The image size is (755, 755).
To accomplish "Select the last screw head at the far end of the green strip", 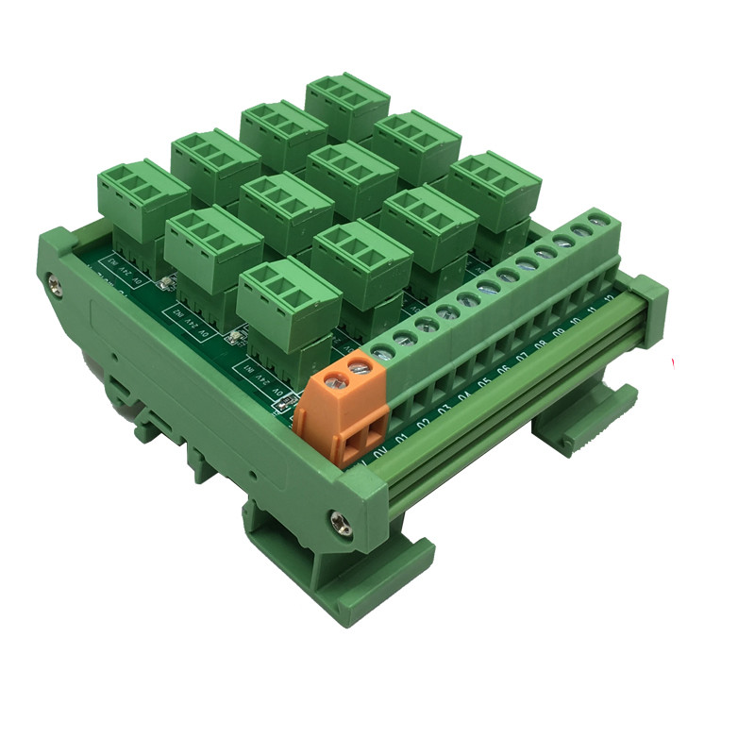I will (x=596, y=225).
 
